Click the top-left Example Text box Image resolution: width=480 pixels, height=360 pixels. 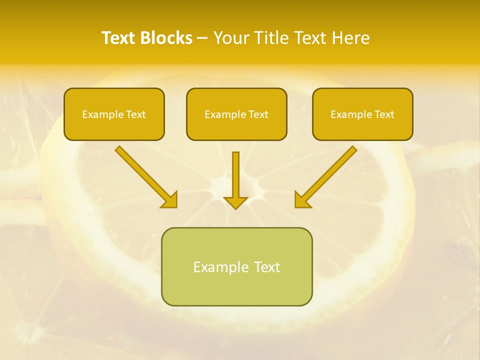[114, 114]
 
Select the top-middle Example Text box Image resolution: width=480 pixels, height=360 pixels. [236, 114]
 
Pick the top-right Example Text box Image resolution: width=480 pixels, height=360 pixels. [362, 114]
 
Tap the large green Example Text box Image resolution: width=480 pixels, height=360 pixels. [236, 266]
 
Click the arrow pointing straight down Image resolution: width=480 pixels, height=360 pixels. [235, 177]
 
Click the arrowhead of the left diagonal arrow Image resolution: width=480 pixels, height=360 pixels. [170, 200]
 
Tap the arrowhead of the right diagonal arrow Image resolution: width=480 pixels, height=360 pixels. [302, 200]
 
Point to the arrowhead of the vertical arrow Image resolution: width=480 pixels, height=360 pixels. [235, 202]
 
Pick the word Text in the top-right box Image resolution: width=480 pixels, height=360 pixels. [384, 114]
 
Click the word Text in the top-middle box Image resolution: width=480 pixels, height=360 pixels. [258, 114]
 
